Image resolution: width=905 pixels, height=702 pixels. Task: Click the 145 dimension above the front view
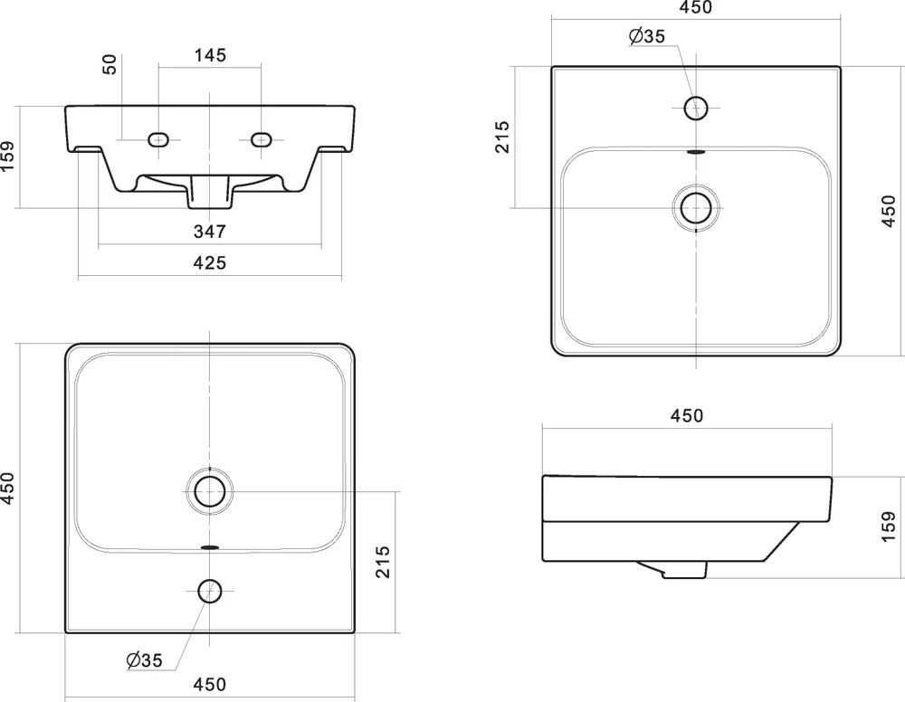click(210, 55)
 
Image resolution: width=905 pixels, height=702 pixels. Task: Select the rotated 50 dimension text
click(110, 64)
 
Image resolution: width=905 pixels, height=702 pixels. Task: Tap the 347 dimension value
click(210, 232)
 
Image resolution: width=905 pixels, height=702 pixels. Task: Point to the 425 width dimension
click(210, 263)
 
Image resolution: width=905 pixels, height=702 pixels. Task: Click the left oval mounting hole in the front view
click(158, 139)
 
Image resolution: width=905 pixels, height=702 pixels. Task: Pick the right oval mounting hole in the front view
click(261, 139)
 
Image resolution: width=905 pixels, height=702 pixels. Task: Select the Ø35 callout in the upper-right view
click(647, 36)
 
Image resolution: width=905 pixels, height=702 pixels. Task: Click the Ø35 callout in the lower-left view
click(144, 659)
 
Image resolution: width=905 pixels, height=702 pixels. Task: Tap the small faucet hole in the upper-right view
click(696, 108)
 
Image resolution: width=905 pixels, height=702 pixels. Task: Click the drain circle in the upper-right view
click(696, 208)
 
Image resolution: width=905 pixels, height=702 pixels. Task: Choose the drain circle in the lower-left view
click(210, 491)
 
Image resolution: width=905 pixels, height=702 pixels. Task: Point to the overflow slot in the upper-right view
click(697, 152)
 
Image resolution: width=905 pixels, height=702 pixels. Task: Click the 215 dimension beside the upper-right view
click(502, 137)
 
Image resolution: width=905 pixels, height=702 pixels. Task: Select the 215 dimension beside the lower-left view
click(382, 562)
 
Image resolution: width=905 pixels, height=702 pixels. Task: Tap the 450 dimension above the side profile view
click(687, 416)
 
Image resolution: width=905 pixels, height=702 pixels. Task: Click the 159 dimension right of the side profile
click(889, 526)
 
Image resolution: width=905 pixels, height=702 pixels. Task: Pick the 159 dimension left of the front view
click(7, 157)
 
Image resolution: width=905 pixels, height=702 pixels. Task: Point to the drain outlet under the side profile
click(672, 570)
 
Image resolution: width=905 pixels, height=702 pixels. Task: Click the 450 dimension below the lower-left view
click(210, 685)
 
